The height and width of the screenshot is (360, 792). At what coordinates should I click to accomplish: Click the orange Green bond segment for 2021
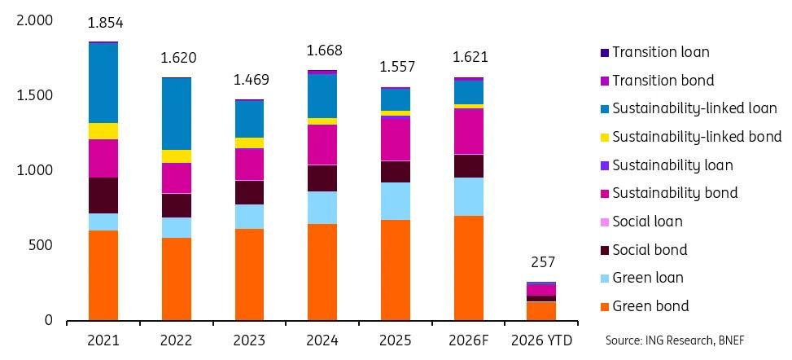103,275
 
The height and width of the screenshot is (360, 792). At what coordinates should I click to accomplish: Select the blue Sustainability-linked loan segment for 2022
176,114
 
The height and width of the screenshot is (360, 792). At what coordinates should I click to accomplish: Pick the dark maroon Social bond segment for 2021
103,195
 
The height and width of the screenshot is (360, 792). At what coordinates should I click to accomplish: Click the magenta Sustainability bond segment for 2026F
469,131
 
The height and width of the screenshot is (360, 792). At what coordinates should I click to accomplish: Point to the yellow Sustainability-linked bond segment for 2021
103,131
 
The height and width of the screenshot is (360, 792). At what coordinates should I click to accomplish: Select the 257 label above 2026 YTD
542,262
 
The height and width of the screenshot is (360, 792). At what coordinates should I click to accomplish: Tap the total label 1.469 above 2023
250,80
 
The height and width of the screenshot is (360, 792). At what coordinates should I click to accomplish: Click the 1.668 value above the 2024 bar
323,51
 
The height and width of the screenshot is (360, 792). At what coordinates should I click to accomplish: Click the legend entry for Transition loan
660,52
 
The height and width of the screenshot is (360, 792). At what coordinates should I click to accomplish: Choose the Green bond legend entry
650,306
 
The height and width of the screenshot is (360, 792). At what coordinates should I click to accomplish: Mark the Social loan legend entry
647,222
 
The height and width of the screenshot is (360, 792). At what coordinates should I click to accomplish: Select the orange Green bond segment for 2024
323,272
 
